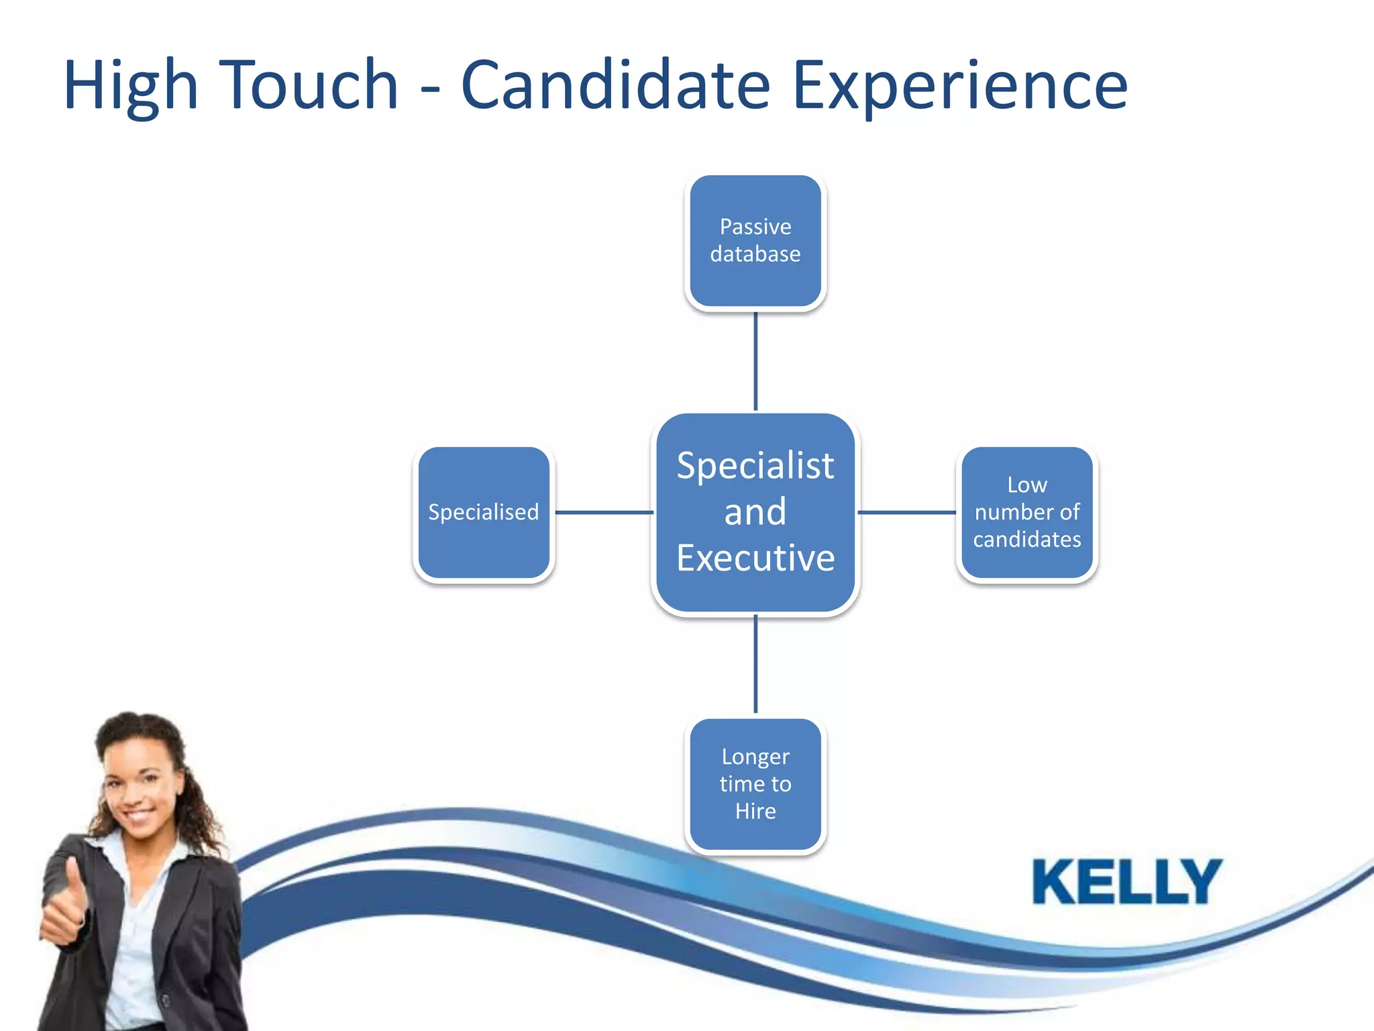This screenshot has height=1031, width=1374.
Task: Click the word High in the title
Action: pos(131,86)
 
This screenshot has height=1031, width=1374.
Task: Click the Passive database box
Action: pos(755,241)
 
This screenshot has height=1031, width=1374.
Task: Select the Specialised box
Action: pos(484,512)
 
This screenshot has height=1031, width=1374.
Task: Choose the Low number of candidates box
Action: pos(1027,512)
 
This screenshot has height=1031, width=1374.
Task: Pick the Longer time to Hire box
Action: pos(755,784)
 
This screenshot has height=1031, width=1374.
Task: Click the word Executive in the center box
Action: pos(755,558)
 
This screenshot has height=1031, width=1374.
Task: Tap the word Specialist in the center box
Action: pos(755,466)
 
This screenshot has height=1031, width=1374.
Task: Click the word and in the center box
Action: pos(755,512)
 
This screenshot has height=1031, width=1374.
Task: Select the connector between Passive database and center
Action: pos(755,361)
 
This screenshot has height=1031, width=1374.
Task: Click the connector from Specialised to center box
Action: pos(604,512)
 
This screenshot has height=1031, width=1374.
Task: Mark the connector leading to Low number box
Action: pos(906,512)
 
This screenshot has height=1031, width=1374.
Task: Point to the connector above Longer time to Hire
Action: pos(755,664)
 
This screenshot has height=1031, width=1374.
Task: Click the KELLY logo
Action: pos(1127,881)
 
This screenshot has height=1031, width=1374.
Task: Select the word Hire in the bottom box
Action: pos(755,812)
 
